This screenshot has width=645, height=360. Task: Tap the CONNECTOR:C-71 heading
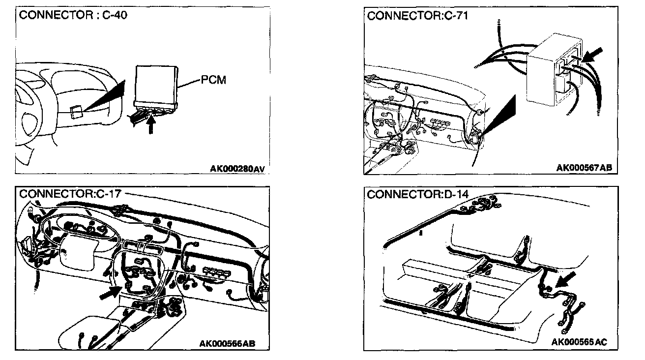(x=417, y=15)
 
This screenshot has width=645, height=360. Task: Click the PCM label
(x=213, y=80)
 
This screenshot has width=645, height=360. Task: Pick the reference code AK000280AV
(x=238, y=169)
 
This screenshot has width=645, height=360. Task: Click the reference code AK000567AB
(x=584, y=168)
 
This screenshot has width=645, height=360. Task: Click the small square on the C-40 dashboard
(x=77, y=112)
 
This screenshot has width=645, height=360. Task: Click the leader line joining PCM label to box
(x=188, y=84)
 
